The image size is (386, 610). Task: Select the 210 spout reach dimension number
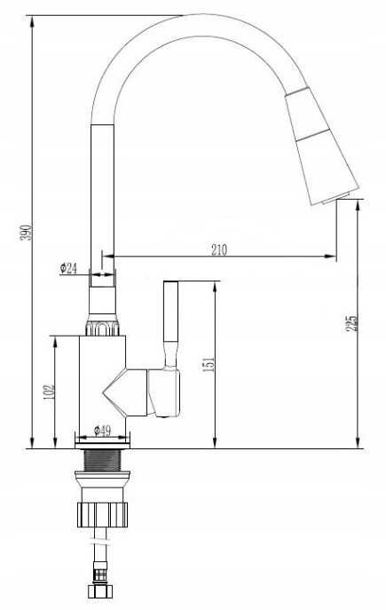coord(219,250)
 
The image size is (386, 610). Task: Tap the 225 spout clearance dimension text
coord(351,323)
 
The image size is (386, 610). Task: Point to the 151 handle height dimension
coord(209,364)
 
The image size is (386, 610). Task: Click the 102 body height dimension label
coord(50,393)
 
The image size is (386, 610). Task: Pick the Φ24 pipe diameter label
coord(68,268)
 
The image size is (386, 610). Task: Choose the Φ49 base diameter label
coord(103,431)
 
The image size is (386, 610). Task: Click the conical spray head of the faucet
coord(321,146)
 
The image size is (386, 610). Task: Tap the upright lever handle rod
coord(170,324)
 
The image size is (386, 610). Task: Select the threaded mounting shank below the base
coord(103,460)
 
